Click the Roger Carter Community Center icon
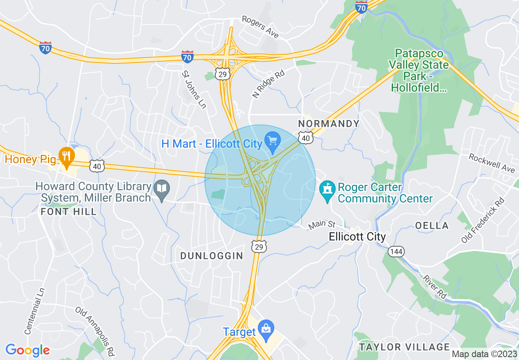327,191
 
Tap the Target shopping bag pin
266,330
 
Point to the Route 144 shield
396,251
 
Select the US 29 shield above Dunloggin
259,246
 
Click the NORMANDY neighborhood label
329,124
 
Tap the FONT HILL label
69,211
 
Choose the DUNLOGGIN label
212,256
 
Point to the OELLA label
432,225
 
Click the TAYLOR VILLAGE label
404,347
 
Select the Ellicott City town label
357,237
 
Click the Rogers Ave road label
260,27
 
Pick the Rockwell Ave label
492,163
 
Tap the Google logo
27,350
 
